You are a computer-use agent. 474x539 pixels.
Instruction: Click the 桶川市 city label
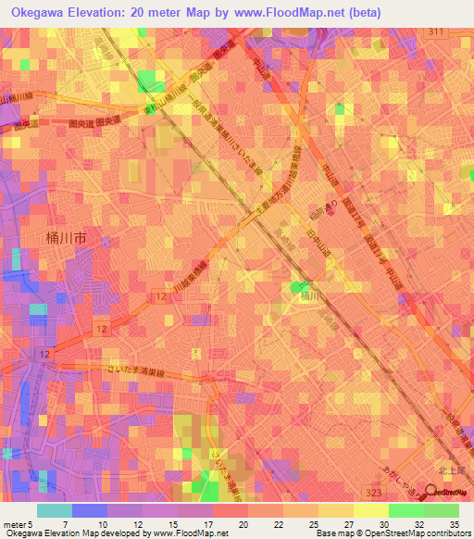[66, 238]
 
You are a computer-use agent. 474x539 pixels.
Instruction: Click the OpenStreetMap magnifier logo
[432, 492]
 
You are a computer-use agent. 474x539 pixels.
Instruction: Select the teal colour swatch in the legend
[55, 510]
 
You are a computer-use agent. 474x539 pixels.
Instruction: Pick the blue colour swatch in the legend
[90, 510]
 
